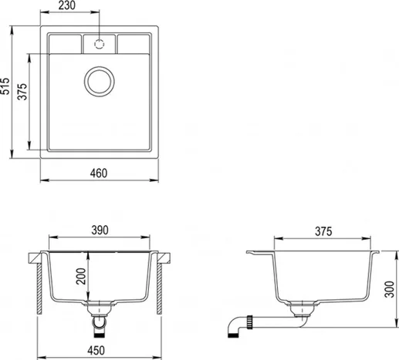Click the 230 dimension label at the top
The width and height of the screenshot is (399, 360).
(x=67, y=5)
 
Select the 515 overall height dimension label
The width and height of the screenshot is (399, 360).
(x=5, y=86)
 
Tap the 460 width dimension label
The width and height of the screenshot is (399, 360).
(x=99, y=173)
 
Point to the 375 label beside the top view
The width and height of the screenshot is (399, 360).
(x=22, y=92)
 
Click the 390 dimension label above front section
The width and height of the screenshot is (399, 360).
(x=100, y=230)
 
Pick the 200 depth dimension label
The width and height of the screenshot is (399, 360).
(x=81, y=276)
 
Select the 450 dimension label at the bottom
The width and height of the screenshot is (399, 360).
(x=96, y=351)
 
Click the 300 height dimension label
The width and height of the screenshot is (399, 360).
(x=390, y=290)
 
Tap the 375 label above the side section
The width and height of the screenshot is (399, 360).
(x=323, y=231)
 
